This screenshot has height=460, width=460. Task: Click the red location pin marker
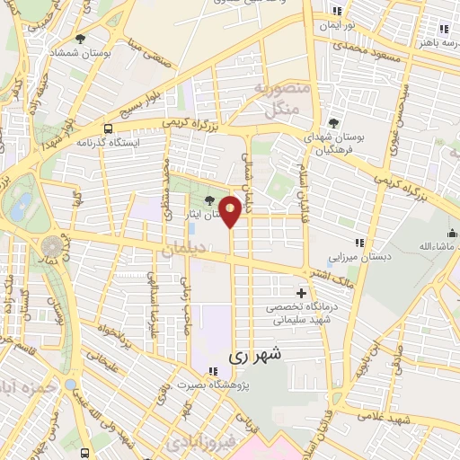coord(231,211)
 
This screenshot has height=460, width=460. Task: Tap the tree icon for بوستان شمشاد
coord(81,39)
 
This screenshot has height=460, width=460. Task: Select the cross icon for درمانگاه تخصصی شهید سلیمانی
coord(301,293)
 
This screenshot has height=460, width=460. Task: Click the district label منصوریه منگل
coord(283,100)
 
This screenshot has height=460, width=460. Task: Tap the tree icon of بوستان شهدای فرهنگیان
coord(334,121)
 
